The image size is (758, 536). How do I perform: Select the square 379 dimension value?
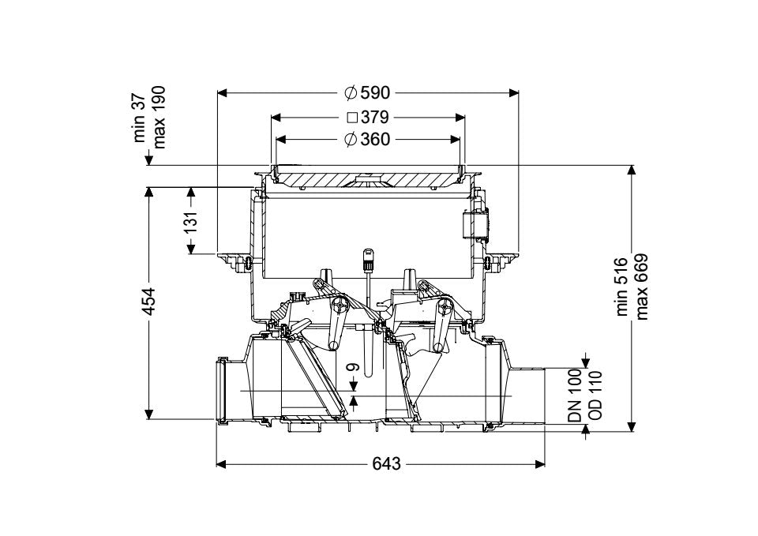[374, 117]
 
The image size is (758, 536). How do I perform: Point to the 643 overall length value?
[387, 464]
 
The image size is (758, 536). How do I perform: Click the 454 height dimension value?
[150, 302]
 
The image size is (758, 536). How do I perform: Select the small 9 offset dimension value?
[355, 368]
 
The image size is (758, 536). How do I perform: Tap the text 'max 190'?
[159, 118]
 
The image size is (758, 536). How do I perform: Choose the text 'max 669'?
[641, 287]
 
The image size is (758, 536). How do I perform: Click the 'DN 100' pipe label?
[574, 395]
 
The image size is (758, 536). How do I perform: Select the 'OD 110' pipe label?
[595, 395]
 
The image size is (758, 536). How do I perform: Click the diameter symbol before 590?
[351, 92]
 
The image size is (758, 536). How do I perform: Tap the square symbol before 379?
[352, 117]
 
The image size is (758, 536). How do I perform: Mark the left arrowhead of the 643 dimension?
[221, 464]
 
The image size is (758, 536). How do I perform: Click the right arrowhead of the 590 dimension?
[513, 92]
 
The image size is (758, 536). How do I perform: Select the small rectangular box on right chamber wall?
[475, 224]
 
